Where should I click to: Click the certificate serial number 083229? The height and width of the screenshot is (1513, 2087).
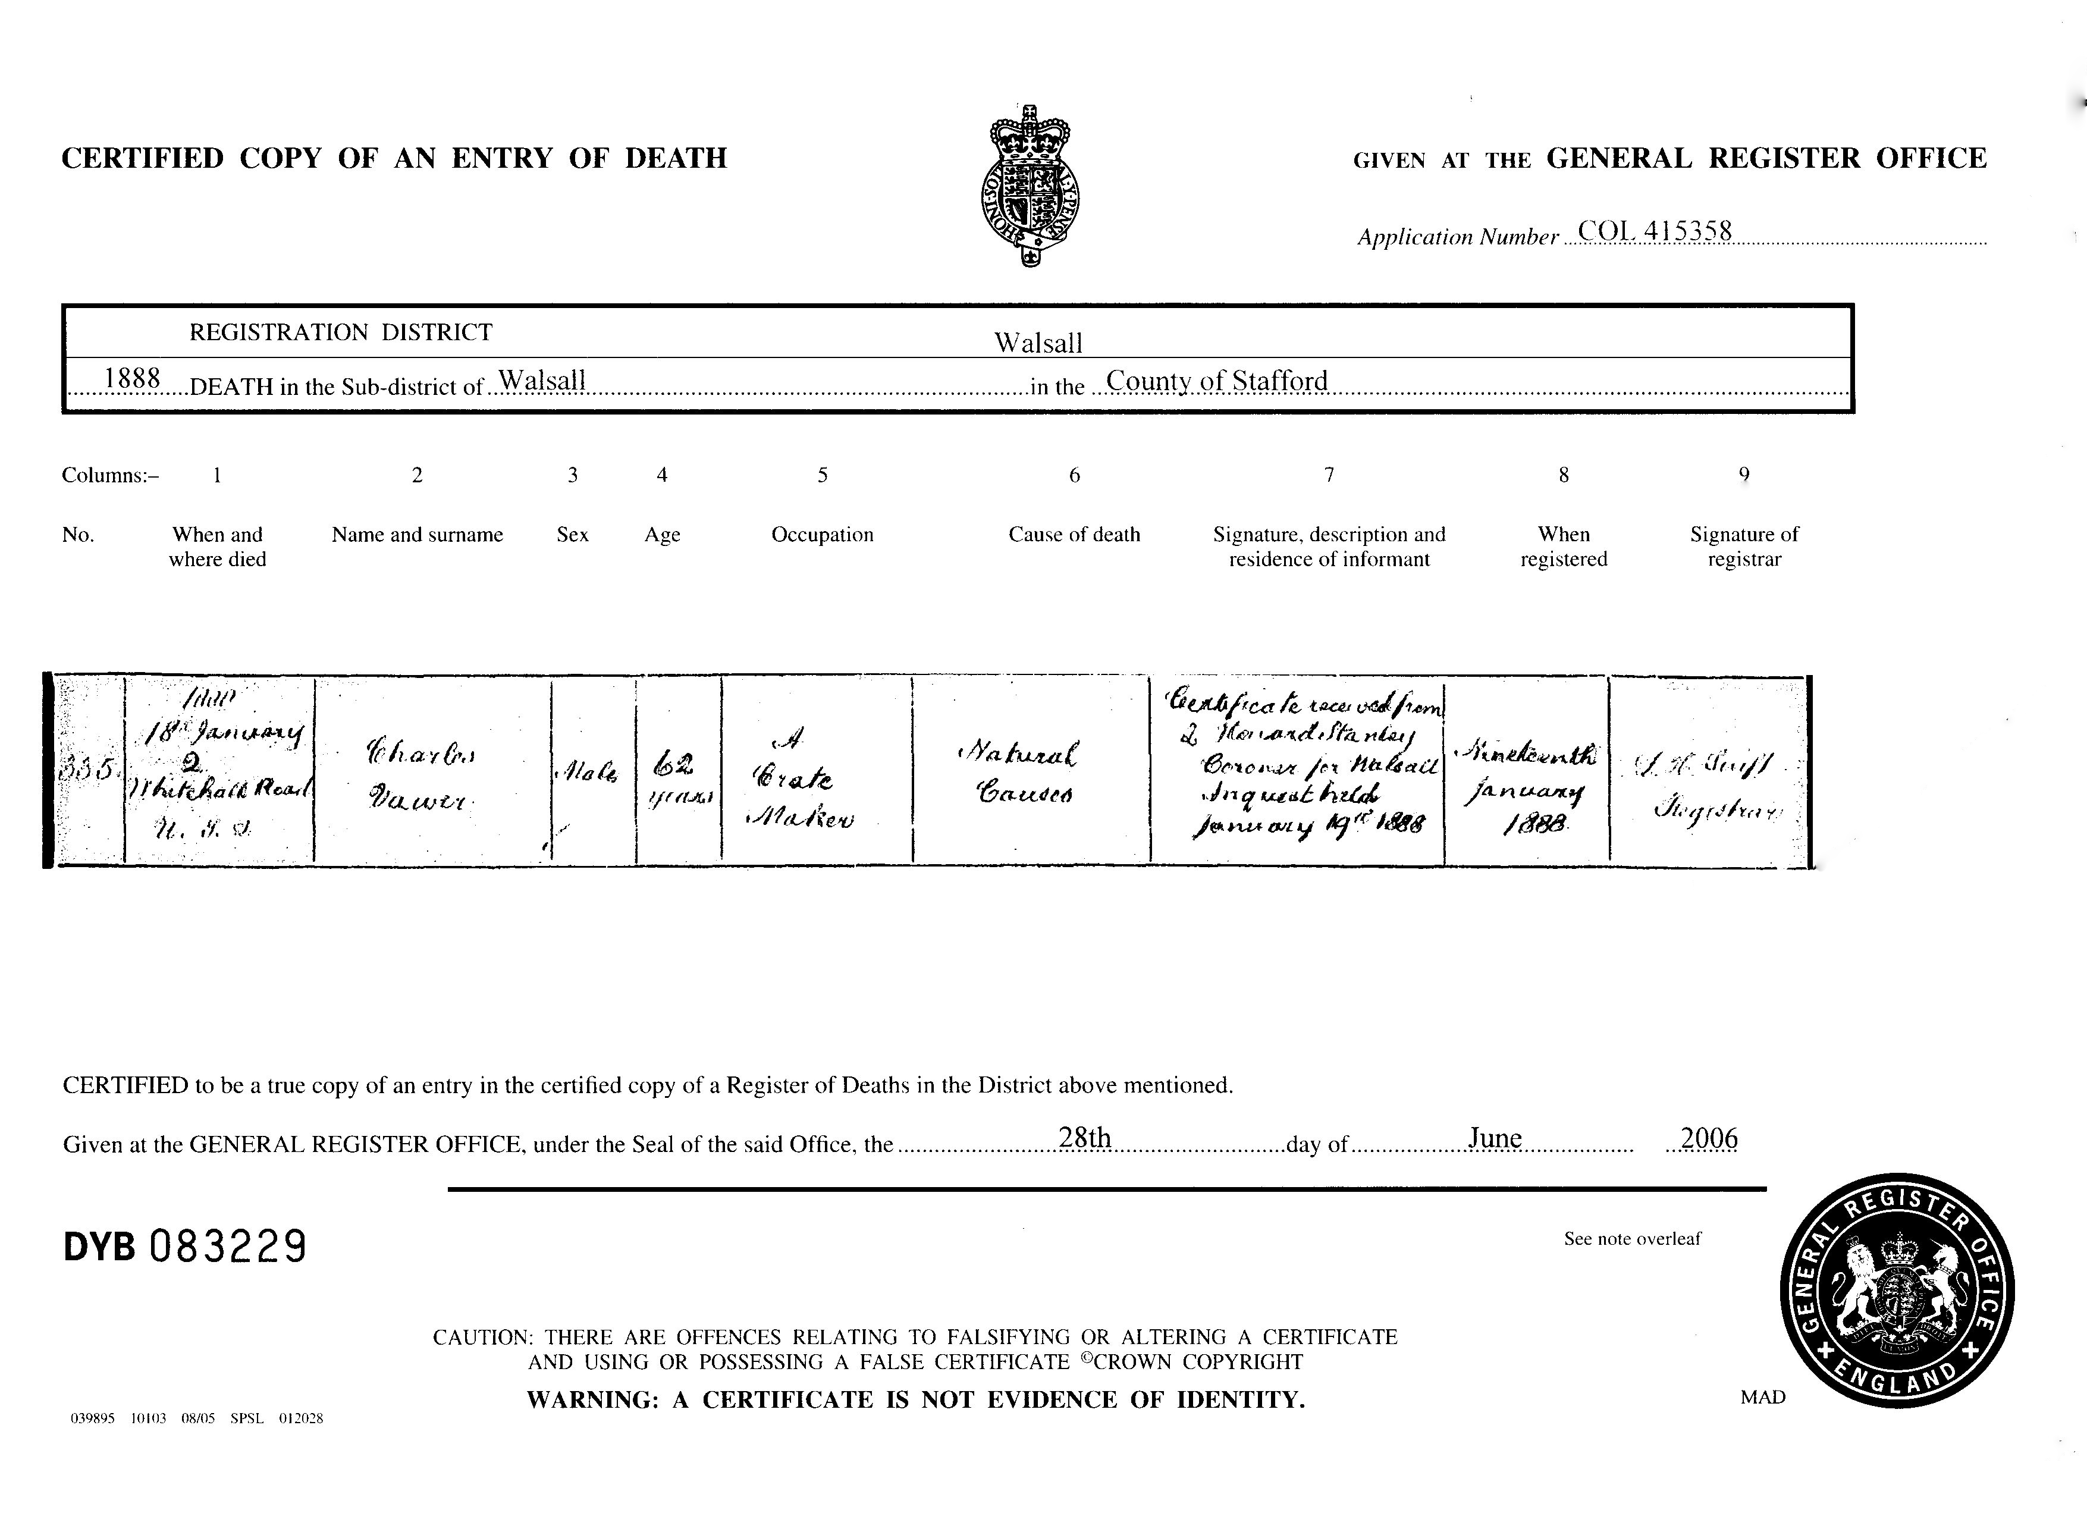(x=227, y=1247)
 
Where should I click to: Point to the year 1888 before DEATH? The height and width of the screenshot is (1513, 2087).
(x=133, y=378)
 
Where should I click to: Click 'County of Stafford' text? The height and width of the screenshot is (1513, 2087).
(x=1216, y=379)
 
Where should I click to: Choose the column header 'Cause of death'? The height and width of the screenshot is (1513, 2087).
(x=1074, y=535)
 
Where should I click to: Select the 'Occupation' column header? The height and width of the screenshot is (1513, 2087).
(x=822, y=535)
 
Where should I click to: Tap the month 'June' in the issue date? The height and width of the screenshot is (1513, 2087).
(x=1495, y=1138)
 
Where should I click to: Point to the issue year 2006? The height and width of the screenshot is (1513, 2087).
(x=1709, y=1138)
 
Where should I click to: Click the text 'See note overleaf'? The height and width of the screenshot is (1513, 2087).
(x=1633, y=1239)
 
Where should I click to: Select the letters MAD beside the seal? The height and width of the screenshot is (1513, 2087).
(x=1763, y=1397)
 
